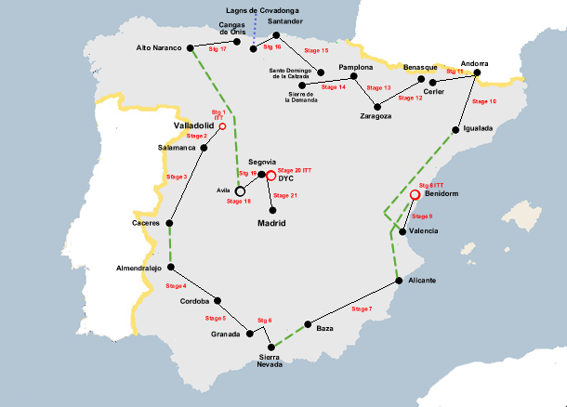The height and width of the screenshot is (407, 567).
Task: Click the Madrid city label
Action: [x=270, y=224]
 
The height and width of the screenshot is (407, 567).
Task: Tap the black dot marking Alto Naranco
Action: [x=190, y=47]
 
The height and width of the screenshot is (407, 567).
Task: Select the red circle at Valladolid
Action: [x=222, y=125]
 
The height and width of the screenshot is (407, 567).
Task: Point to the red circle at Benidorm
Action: [x=415, y=194]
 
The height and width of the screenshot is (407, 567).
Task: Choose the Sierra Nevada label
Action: [x=270, y=360]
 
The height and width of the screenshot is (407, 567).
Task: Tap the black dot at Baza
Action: [x=308, y=324]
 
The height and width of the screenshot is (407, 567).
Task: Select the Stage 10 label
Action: [x=484, y=100]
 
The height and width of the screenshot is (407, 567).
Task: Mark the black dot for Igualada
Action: [x=456, y=129]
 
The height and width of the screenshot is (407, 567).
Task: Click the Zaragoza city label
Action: [x=376, y=116]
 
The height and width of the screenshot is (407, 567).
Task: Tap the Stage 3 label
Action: [x=177, y=177]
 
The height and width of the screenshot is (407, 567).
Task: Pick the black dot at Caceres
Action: [x=171, y=223]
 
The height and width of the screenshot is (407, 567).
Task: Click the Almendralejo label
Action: [x=138, y=267]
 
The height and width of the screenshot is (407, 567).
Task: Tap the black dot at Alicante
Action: [x=397, y=280]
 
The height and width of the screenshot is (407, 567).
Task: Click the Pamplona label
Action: [x=356, y=68]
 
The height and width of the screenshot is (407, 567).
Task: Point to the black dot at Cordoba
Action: [x=218, y=300]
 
